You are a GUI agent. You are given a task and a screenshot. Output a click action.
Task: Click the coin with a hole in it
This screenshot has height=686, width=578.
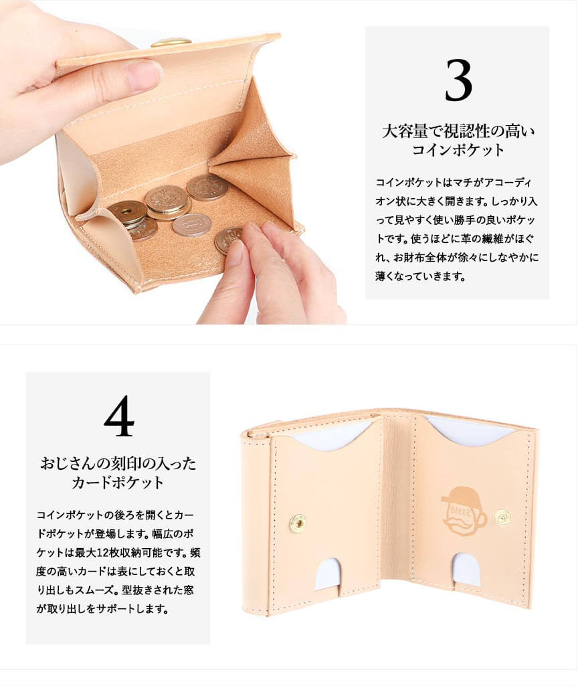click(127, 213)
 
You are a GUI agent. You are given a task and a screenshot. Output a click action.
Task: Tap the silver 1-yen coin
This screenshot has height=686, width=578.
click(192, 225)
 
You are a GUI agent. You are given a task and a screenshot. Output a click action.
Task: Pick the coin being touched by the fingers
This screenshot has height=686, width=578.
click(228, 240)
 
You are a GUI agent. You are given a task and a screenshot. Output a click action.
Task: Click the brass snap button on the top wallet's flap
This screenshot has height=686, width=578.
click(171, 42)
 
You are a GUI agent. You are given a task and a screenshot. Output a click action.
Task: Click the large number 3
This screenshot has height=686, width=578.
click(458, 80)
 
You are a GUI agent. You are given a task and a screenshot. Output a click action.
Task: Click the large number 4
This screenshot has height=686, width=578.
click(119, 416)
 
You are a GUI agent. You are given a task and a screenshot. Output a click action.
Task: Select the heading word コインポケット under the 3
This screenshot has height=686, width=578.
click(458, 150)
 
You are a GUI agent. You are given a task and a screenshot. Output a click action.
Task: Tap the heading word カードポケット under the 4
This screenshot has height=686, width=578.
click(118, 483)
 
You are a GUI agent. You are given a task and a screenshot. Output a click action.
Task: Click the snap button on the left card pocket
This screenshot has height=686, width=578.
click(298, 523)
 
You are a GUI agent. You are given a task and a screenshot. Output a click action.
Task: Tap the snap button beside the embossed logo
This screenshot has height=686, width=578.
click(504, 517)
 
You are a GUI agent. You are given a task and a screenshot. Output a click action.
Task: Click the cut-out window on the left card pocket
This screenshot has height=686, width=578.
click(327, 574)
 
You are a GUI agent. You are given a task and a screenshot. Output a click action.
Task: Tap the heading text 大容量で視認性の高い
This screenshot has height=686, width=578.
click(458, 131)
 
